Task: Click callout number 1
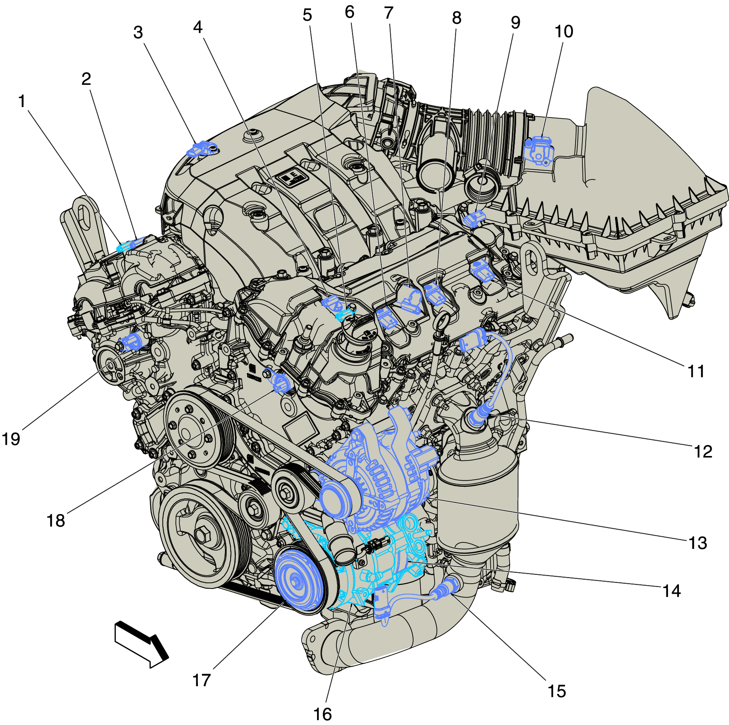point(22,101)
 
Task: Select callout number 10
point(563,32)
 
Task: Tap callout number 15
point(556,691)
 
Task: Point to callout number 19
point(11,439)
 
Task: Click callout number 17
point(201,680)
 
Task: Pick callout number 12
point(703,452)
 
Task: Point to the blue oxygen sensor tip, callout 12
point(477,418)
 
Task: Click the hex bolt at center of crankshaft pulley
point(202,536)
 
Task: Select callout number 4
point(197,27)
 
